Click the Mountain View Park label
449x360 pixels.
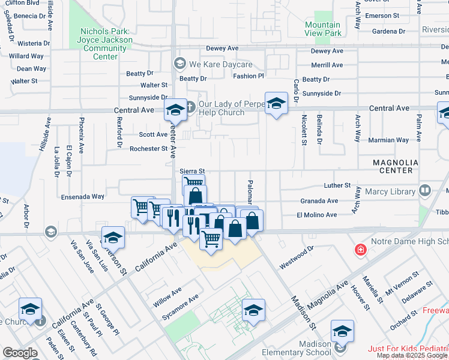(x=322, y=29)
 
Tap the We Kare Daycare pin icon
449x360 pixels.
(x=179, y=64)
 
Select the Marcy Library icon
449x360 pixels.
(x=426, y=191)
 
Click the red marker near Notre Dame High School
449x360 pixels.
(x=360, y=250)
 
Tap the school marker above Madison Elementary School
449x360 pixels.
(x=342, y=332)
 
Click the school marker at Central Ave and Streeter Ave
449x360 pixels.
(x=175, y=110)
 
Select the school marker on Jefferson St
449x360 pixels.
(x=113, y=238)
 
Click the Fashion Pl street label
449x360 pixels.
(x=249, y=76)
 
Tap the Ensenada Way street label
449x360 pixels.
(x=82, y=196)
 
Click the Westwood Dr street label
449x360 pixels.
(x=297, y=257)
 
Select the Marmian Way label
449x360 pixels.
(x=390, y=140)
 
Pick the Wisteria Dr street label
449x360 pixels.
(x=34, y=43)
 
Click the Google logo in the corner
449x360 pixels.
(x=20, y=353)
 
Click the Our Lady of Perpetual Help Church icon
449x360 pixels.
(x=190, y=107)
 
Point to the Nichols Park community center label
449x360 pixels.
(x=105, y=44)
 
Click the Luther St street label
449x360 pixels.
(x=337, y=186)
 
